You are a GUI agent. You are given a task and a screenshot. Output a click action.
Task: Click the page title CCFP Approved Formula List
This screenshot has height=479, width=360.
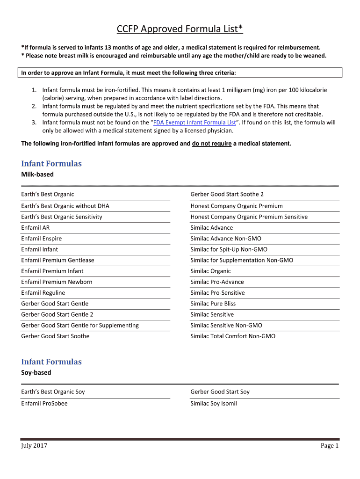coord(180,30)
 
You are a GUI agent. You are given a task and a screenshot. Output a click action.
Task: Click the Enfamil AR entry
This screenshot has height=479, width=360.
coord(35,228)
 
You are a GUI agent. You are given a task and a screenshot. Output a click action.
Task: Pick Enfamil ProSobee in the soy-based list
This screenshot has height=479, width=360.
coord(44,403)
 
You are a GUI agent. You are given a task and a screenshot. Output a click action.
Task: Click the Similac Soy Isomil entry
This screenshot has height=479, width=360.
coord(213,403)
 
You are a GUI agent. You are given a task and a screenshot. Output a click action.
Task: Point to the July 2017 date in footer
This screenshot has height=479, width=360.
coord(34,446)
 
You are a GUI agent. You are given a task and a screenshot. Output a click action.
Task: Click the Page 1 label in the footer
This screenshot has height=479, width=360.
coord(329,446)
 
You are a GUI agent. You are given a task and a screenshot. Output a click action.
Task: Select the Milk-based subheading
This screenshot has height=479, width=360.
coord(37,174)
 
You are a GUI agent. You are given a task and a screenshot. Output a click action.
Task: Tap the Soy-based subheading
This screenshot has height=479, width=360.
coord(36,373)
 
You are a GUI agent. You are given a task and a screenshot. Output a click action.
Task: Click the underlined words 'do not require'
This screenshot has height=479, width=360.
coord(211,144)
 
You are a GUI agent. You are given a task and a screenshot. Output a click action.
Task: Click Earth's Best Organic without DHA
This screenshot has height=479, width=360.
coord(65,206)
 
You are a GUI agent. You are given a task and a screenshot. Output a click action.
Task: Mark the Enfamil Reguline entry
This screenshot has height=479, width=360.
coord(43,293)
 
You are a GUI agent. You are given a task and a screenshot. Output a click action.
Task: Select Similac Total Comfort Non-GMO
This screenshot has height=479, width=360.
coord(233,336)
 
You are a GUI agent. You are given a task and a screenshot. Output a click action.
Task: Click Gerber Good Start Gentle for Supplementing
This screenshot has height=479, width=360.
coord(79,326)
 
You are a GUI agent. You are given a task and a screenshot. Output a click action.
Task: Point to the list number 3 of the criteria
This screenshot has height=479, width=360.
coord(34,123)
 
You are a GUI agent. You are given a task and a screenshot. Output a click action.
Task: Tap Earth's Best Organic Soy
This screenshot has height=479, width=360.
coord(53,392)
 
